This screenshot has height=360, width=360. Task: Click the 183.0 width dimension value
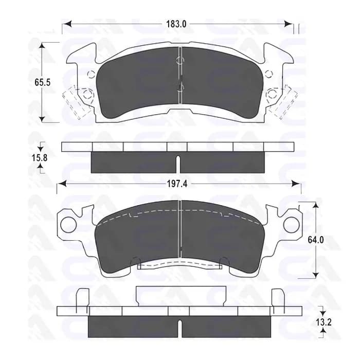(176, 24)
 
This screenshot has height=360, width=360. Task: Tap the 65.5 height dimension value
(43, 82)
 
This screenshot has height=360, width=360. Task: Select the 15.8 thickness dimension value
(39, 157)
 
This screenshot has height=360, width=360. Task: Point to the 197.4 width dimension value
(177, 184)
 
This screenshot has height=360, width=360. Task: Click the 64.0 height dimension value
(316, 240)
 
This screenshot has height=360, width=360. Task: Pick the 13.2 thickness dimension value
(323, 322)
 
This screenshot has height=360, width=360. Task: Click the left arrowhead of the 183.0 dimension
(66, 24)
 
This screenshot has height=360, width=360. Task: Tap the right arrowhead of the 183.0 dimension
(288, 24)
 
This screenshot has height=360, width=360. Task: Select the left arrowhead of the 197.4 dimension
(62, 184)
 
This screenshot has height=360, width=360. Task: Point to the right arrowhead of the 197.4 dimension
(296, 184)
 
